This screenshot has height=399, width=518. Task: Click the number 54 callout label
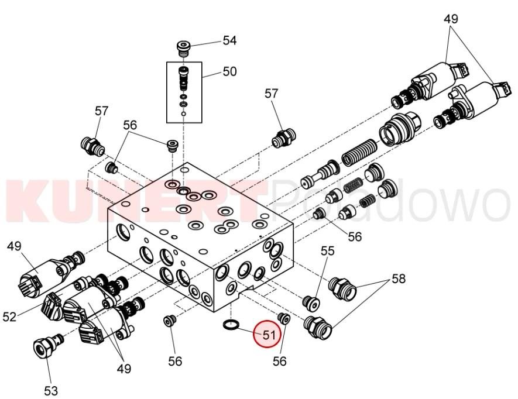(x=229, y=40)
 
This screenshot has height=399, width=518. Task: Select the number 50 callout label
(x=229, y=72)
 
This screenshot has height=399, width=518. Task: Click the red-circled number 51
(x=267, y=335)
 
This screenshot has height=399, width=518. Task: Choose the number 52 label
(x=10, y=317)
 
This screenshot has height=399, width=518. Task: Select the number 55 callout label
(x=327, y=251)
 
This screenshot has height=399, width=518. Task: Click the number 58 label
(x=399, y=278)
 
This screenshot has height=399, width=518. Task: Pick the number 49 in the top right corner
(x=451, y=19)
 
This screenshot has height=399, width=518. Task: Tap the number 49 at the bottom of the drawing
(x=124, y=369)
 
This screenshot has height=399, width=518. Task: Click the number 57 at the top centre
(x=272, y=93)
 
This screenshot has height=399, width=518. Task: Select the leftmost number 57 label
(x=102, y=111)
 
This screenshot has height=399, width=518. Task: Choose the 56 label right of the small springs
(x=355, y=237)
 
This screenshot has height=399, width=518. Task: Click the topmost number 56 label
(x=129, y=125)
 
